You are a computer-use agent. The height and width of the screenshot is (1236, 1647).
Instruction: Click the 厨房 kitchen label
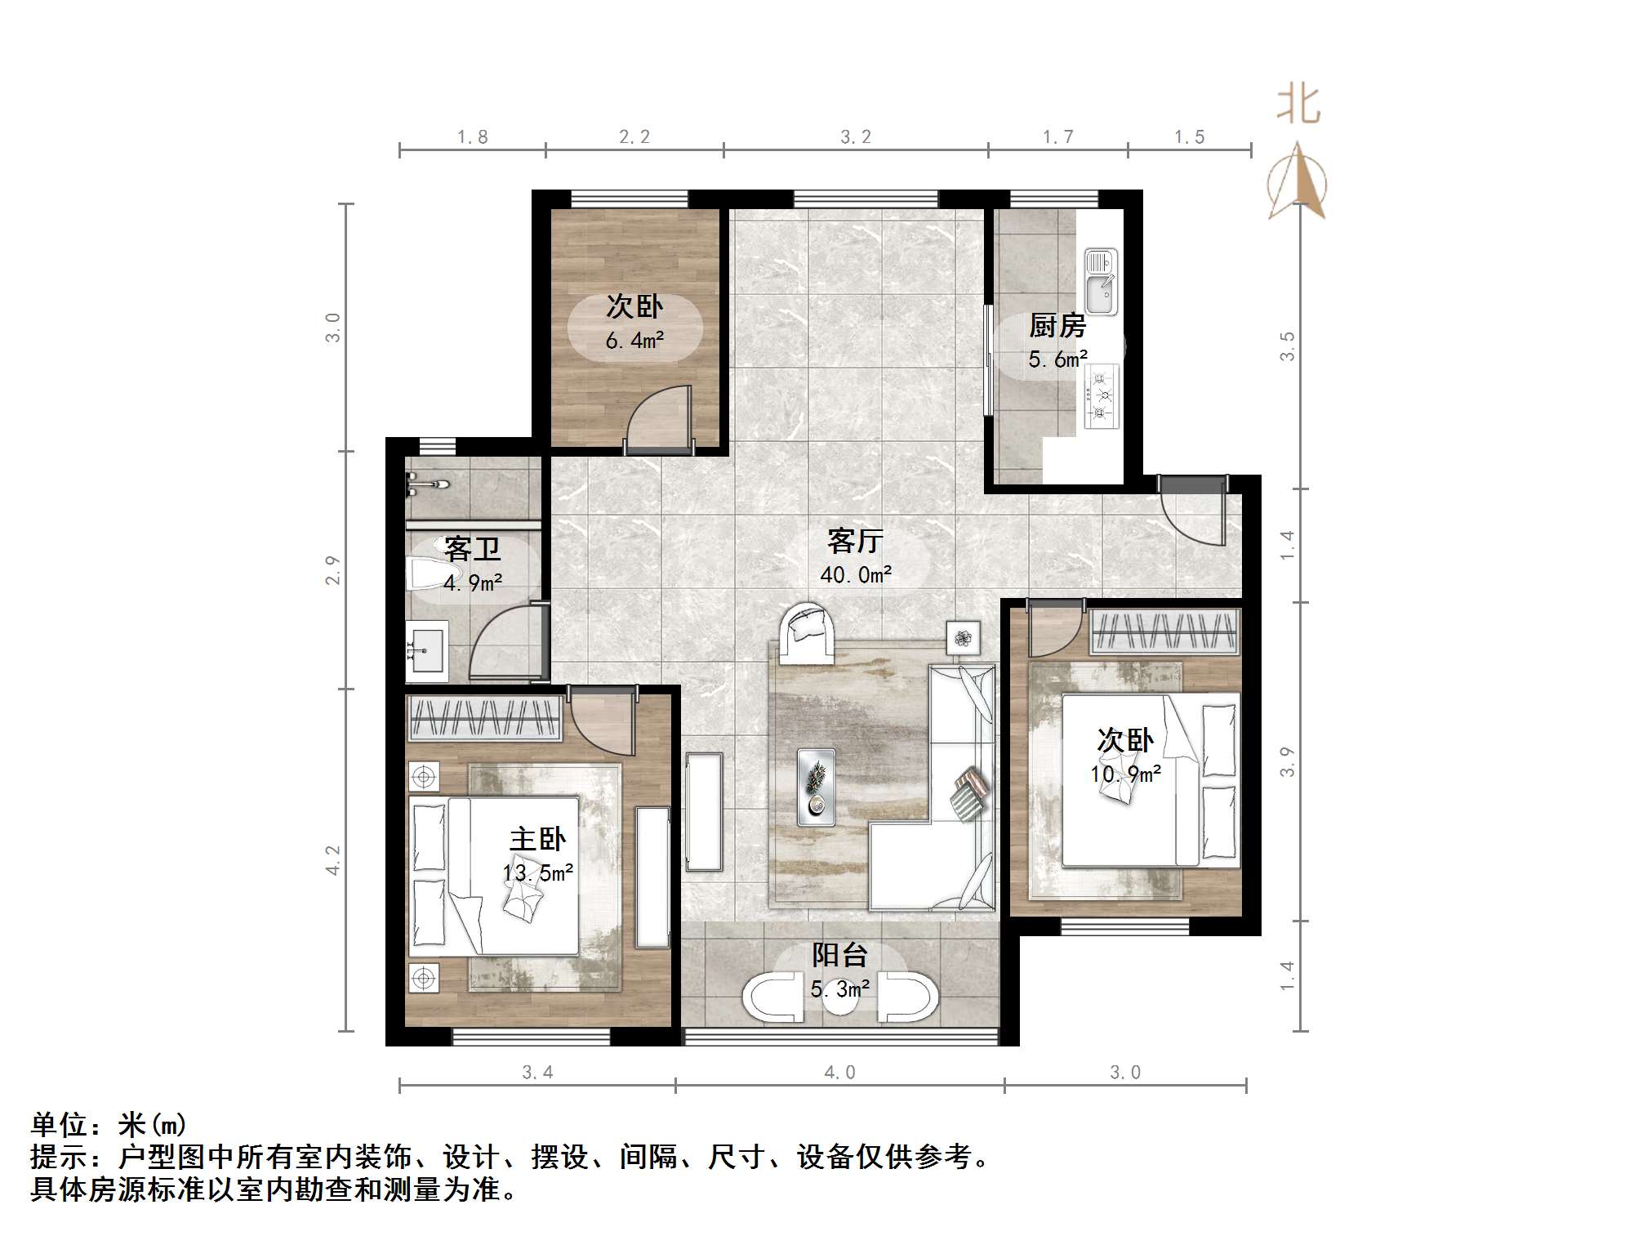click(x=1057, y=326)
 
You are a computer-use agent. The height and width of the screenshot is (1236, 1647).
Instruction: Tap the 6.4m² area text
click(x=634, y=341)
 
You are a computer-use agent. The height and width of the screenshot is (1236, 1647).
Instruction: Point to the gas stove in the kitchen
click(x=1101, y=397)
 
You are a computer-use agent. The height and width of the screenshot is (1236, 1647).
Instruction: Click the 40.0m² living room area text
click(x=855, y=575)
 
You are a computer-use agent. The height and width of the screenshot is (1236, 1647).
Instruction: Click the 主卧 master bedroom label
click(x=537, y=839)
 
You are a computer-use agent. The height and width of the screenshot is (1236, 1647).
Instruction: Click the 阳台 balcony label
click(x=839, y=955)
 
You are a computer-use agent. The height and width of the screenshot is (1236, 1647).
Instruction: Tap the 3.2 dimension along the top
click(x=856, y=137)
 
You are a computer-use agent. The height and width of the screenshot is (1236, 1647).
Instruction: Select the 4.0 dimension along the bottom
click(x=839, y=1073)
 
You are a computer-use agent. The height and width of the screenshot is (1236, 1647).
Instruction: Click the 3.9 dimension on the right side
click(x=1287, y=761)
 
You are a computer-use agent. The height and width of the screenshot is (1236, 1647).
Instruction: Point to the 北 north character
click(x=1298, y=105)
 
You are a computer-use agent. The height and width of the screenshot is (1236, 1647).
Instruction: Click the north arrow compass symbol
click(x=1297, y=184)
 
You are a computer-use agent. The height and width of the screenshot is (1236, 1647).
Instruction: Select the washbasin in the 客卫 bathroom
click(x=427, y=651)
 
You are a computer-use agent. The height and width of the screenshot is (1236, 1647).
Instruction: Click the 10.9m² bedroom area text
click(x=1125, y=774)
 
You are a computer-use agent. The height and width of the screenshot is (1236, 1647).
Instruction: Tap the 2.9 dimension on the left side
click(x=332, y=569)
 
